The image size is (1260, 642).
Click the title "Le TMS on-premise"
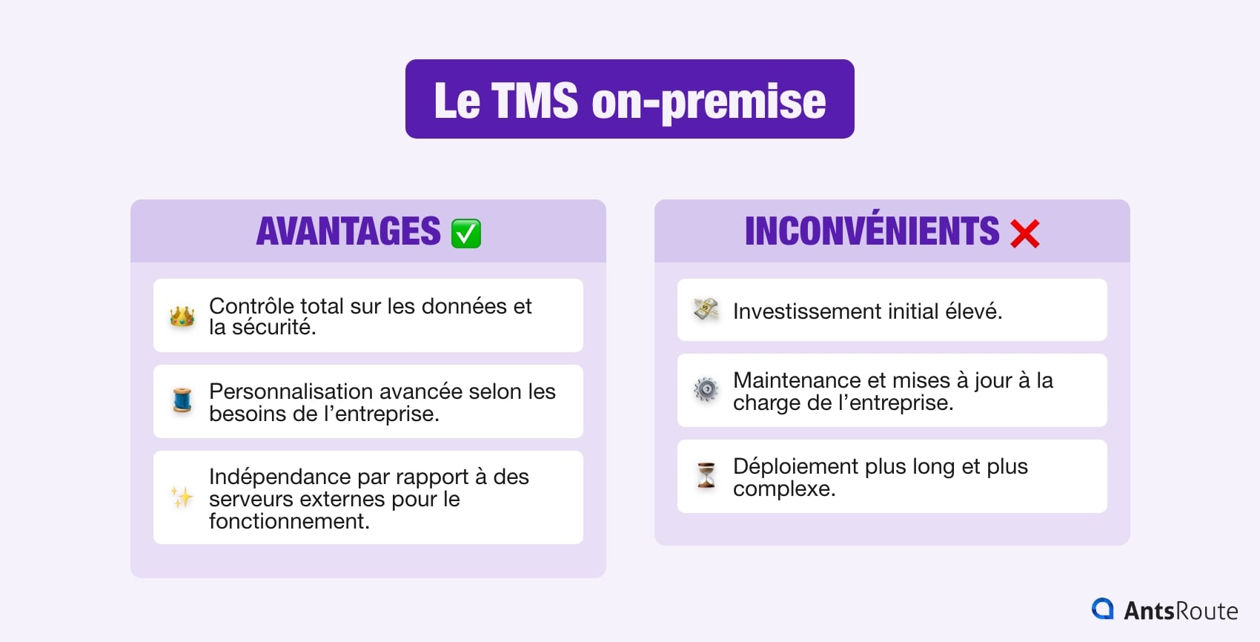[x=629, y=100]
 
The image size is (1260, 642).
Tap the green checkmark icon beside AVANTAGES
[x=466, y=233]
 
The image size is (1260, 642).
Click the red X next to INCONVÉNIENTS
[x=1025, y=234]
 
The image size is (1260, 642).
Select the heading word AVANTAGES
[x=348, y=231]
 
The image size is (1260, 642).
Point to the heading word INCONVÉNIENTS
[x=872, y=231]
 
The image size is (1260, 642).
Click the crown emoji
[x=182, y=317]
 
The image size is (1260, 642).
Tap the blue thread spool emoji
[x=182, y=401]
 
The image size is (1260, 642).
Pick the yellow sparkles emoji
[x=182, y=497]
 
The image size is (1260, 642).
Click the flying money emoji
[x=706, y=310]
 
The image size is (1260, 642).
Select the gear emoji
[x=706, y=390]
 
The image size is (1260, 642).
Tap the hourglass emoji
[x=706, y=475]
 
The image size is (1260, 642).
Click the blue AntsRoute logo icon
[x=1103, y=609]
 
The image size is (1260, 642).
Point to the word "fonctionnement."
[x=289, y=521]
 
